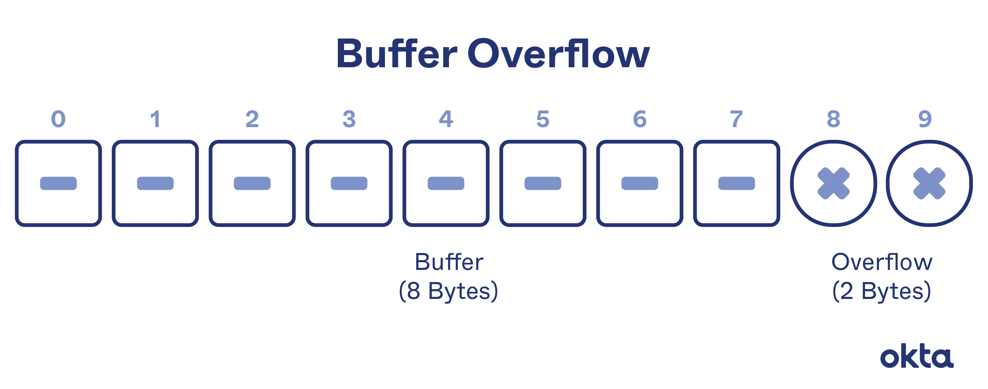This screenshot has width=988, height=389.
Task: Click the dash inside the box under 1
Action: point(155,183)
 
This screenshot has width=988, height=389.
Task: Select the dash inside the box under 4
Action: point(446,183)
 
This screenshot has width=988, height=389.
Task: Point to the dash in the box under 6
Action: point(640,183)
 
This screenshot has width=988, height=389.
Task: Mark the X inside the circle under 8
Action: point(833,183)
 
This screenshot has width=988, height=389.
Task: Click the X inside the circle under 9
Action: point(929,183)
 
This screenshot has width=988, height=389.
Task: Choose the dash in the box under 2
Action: point(252,183)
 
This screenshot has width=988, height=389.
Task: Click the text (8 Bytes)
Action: point(448,291)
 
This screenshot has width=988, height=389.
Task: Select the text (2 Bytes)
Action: point(881,291)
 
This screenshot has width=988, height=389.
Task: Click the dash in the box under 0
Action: point(58,183)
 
